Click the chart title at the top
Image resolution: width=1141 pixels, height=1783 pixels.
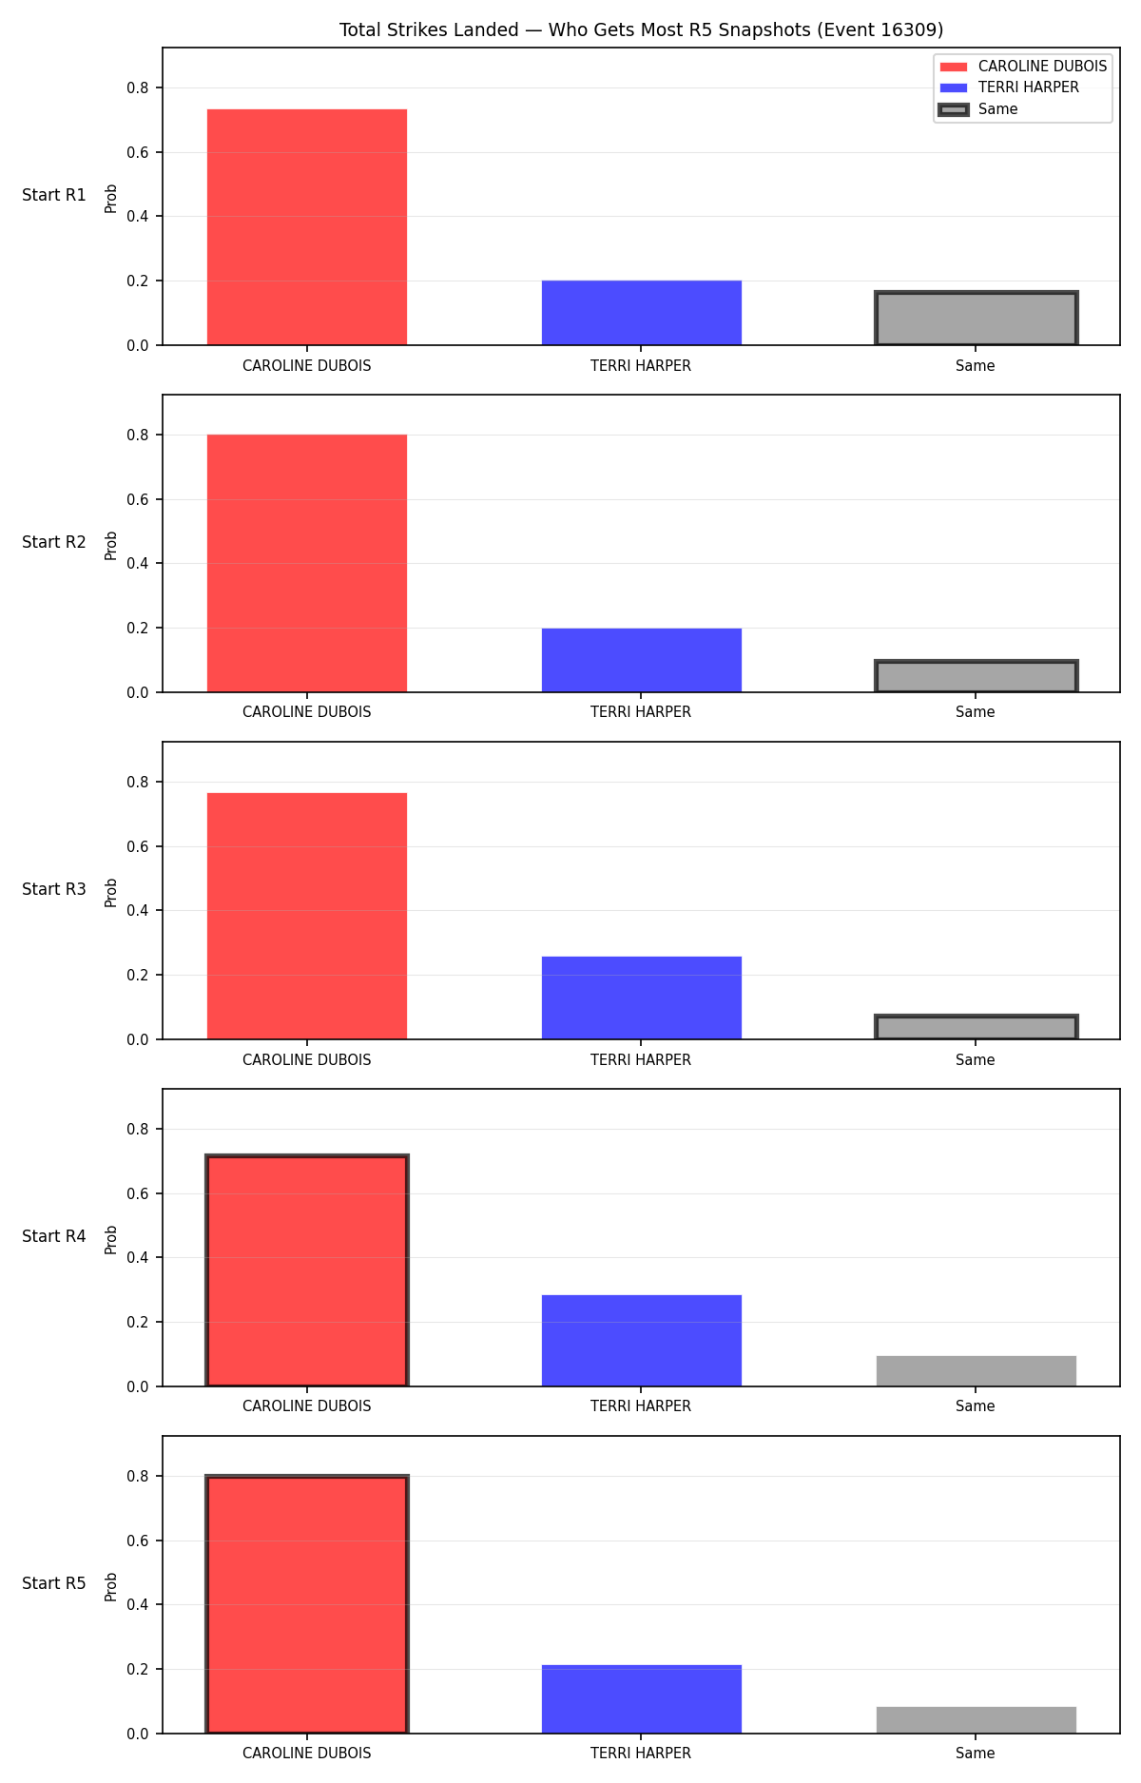(641, 30)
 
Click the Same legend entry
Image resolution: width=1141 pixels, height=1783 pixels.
(978, 109)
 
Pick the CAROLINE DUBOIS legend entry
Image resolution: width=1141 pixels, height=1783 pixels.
(1023, 67)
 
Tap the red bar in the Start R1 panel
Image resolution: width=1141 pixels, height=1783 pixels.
(307, 227)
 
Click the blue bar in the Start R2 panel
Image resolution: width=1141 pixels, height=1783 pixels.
(642, 660)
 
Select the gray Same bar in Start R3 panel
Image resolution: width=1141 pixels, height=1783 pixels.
(977, 1027)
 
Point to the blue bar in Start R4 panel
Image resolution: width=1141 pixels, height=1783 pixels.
(642, 1341)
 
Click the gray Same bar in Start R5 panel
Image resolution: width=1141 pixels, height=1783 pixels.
(977, 1720)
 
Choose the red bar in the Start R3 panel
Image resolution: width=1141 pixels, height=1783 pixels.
(307, 916)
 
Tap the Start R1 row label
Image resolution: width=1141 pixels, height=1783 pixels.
(54, 195)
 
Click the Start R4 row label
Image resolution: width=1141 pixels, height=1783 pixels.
(54, 1236)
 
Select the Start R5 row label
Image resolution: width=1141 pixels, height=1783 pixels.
(54, 1583)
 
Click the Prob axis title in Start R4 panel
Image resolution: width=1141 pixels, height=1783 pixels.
(111, 1239)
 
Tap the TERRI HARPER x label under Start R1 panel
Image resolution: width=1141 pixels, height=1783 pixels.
(641, 366)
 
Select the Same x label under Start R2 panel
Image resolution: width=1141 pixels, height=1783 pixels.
(976, 712)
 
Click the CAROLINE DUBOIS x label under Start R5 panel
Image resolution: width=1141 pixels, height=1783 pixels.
(307, 1754)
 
